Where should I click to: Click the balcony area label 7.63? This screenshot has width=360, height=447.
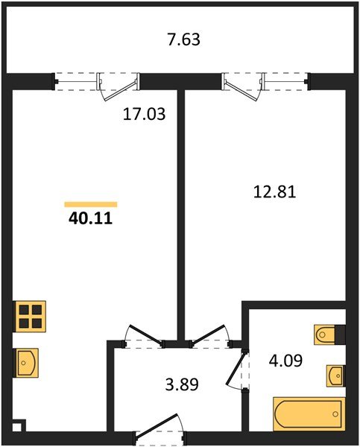[183, 39]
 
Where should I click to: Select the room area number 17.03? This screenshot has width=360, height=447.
[144, 114]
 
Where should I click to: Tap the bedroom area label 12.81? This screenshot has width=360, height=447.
[274, 191]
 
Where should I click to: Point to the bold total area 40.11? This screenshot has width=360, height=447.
[90, 219]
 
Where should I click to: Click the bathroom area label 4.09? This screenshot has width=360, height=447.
[285, 361]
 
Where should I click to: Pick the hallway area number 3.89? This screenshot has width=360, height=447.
[182, 384]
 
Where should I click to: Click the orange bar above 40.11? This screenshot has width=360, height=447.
[91, 204]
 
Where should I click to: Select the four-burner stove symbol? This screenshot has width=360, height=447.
[30, 316]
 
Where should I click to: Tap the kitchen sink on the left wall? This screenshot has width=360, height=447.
[25, 363]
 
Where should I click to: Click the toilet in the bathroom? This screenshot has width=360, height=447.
[325, 335]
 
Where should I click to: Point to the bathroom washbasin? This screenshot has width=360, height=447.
[335, 375]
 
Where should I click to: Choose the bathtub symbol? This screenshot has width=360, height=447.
[309, 413]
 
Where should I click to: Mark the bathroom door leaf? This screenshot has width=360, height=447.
[235, 368]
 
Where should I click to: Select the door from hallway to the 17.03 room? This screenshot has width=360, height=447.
[146, 334]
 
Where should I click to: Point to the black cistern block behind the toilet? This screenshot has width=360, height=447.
[341, 335]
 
